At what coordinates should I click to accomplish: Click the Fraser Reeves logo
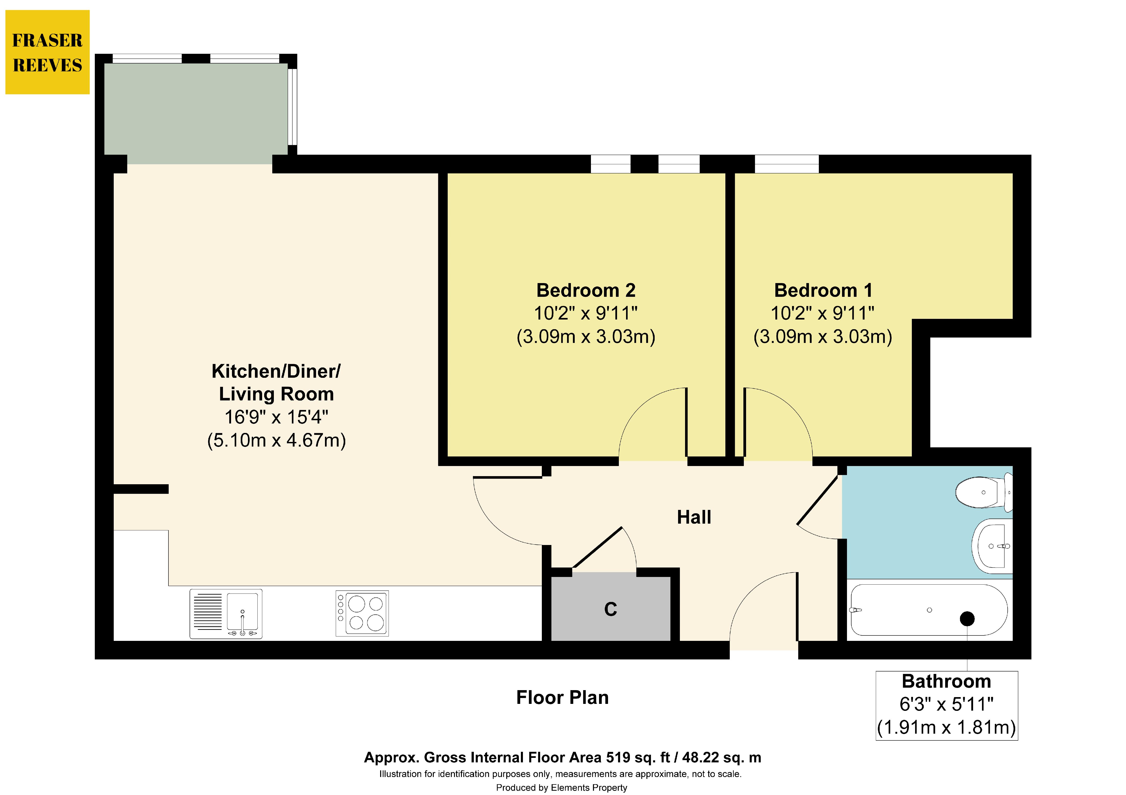point(48,52)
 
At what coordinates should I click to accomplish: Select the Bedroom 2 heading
point(586,290)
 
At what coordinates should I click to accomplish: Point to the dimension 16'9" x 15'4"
point(276,417)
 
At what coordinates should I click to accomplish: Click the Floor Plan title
point(563,698)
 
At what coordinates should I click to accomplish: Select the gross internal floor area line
point(563,758)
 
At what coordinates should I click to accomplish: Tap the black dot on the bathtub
point(967,619)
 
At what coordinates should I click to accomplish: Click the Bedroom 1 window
point(787,164)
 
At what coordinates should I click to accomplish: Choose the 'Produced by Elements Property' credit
point(561,788)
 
